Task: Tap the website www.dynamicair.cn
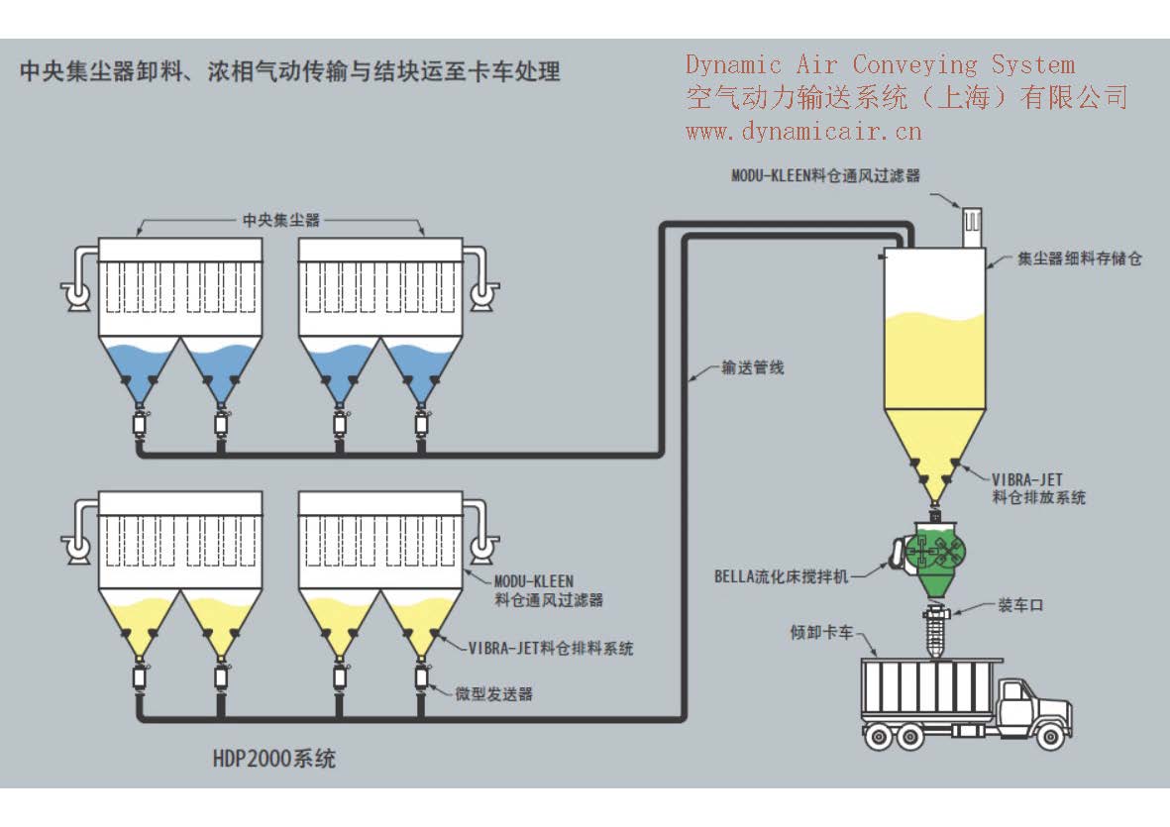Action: pyautogui.click(x=803, y=130)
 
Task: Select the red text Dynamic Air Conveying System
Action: pyautogui.click(x=880, y=65)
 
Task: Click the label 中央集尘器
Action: pyautogui.click(x=281, y=219)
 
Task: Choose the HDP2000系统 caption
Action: pyautogui.click(x=274, y=759)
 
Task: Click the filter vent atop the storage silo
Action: pyautogui.click(x=966, y=227)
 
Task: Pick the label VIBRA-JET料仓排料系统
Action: pyautogui.click(x=550, y=649)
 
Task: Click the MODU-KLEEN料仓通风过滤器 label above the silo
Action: pyautogui.click(x=825, y=175)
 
